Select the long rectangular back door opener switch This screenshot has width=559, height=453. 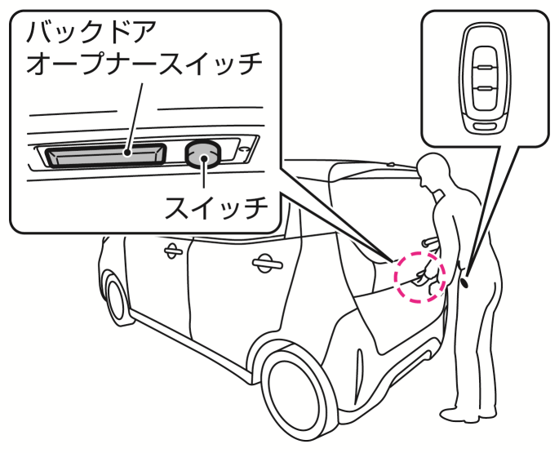pos(104,153)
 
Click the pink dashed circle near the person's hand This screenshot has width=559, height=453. pos(421,277)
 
